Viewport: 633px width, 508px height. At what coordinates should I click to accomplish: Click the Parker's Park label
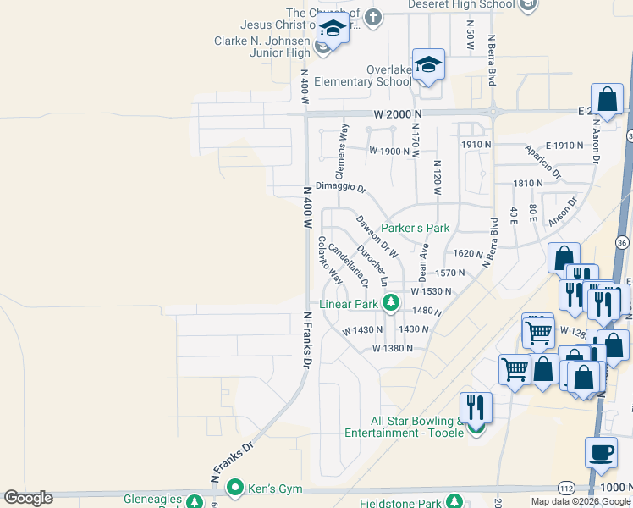pos(415,228)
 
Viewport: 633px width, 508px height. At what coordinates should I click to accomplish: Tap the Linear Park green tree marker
pos(390,302)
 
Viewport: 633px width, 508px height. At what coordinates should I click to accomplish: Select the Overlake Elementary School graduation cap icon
pos(429,66)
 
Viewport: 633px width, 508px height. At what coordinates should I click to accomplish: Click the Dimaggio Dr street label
pos(340,188)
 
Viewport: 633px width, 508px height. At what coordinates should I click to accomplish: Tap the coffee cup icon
pos(602,452)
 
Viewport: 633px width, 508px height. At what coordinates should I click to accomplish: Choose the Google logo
pos(28,498)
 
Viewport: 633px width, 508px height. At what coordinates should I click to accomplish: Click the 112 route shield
pos(565,488)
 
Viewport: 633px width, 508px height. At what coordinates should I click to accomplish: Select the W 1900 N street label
pos(388,151)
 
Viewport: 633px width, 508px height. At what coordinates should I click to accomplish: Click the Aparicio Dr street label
pos(542,161)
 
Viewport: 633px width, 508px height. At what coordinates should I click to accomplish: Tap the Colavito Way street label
pos(329,259)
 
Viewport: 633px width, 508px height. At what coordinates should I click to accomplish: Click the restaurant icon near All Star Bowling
pos(476,407)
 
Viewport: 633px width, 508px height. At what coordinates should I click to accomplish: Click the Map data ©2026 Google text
pos(581,501)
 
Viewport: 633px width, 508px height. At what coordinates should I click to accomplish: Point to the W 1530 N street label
pos(431,290)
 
